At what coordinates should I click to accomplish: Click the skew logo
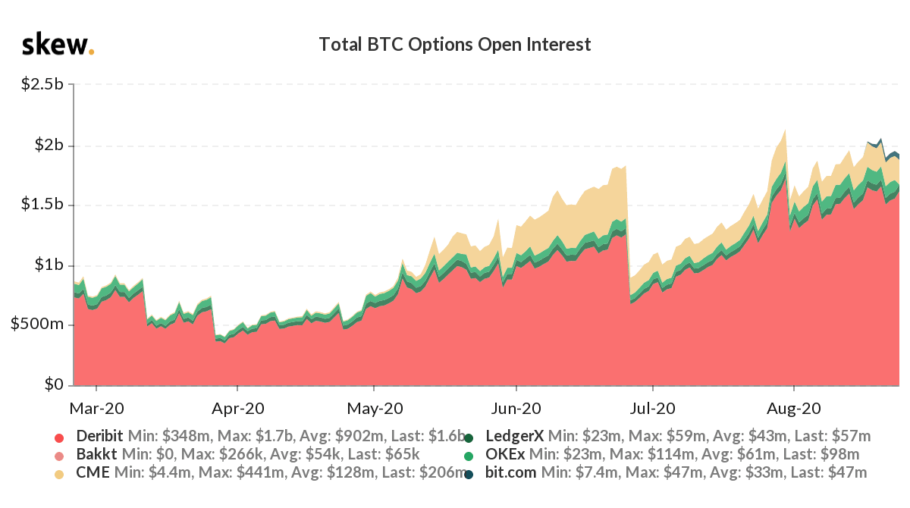coord(58,44)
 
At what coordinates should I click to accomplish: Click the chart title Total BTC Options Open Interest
coord(454,45)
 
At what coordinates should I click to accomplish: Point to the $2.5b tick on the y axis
coord(42,83)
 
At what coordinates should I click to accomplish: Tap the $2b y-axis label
coord(49,145)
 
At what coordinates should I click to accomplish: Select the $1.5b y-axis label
coord(42,204)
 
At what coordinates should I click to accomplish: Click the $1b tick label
coord(49,265)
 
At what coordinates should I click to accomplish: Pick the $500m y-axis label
coord(37,324)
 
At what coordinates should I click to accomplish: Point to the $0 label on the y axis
coord(54,384)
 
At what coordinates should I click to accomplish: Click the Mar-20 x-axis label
coord(97,408)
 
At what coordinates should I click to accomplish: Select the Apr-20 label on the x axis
coord(237,408)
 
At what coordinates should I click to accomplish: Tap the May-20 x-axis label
coord(375,408)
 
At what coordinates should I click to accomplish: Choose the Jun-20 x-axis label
coord(516,408)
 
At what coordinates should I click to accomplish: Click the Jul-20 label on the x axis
coord(652,408)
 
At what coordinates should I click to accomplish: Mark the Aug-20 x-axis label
coord(794,408)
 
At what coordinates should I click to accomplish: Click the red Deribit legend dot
coord(59,437)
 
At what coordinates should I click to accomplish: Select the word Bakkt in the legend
coord(97,454)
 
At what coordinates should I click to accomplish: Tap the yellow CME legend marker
coord(59,475)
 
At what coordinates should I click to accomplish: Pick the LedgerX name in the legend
coord(515,436)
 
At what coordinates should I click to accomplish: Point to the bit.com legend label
coord(510,472)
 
